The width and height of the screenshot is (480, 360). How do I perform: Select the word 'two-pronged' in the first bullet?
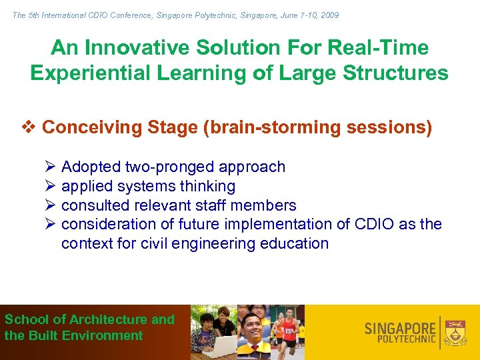pos(173,167)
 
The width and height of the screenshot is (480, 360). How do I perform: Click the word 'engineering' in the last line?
pos(216,243)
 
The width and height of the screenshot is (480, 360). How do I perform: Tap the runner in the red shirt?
pos(288,329)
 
